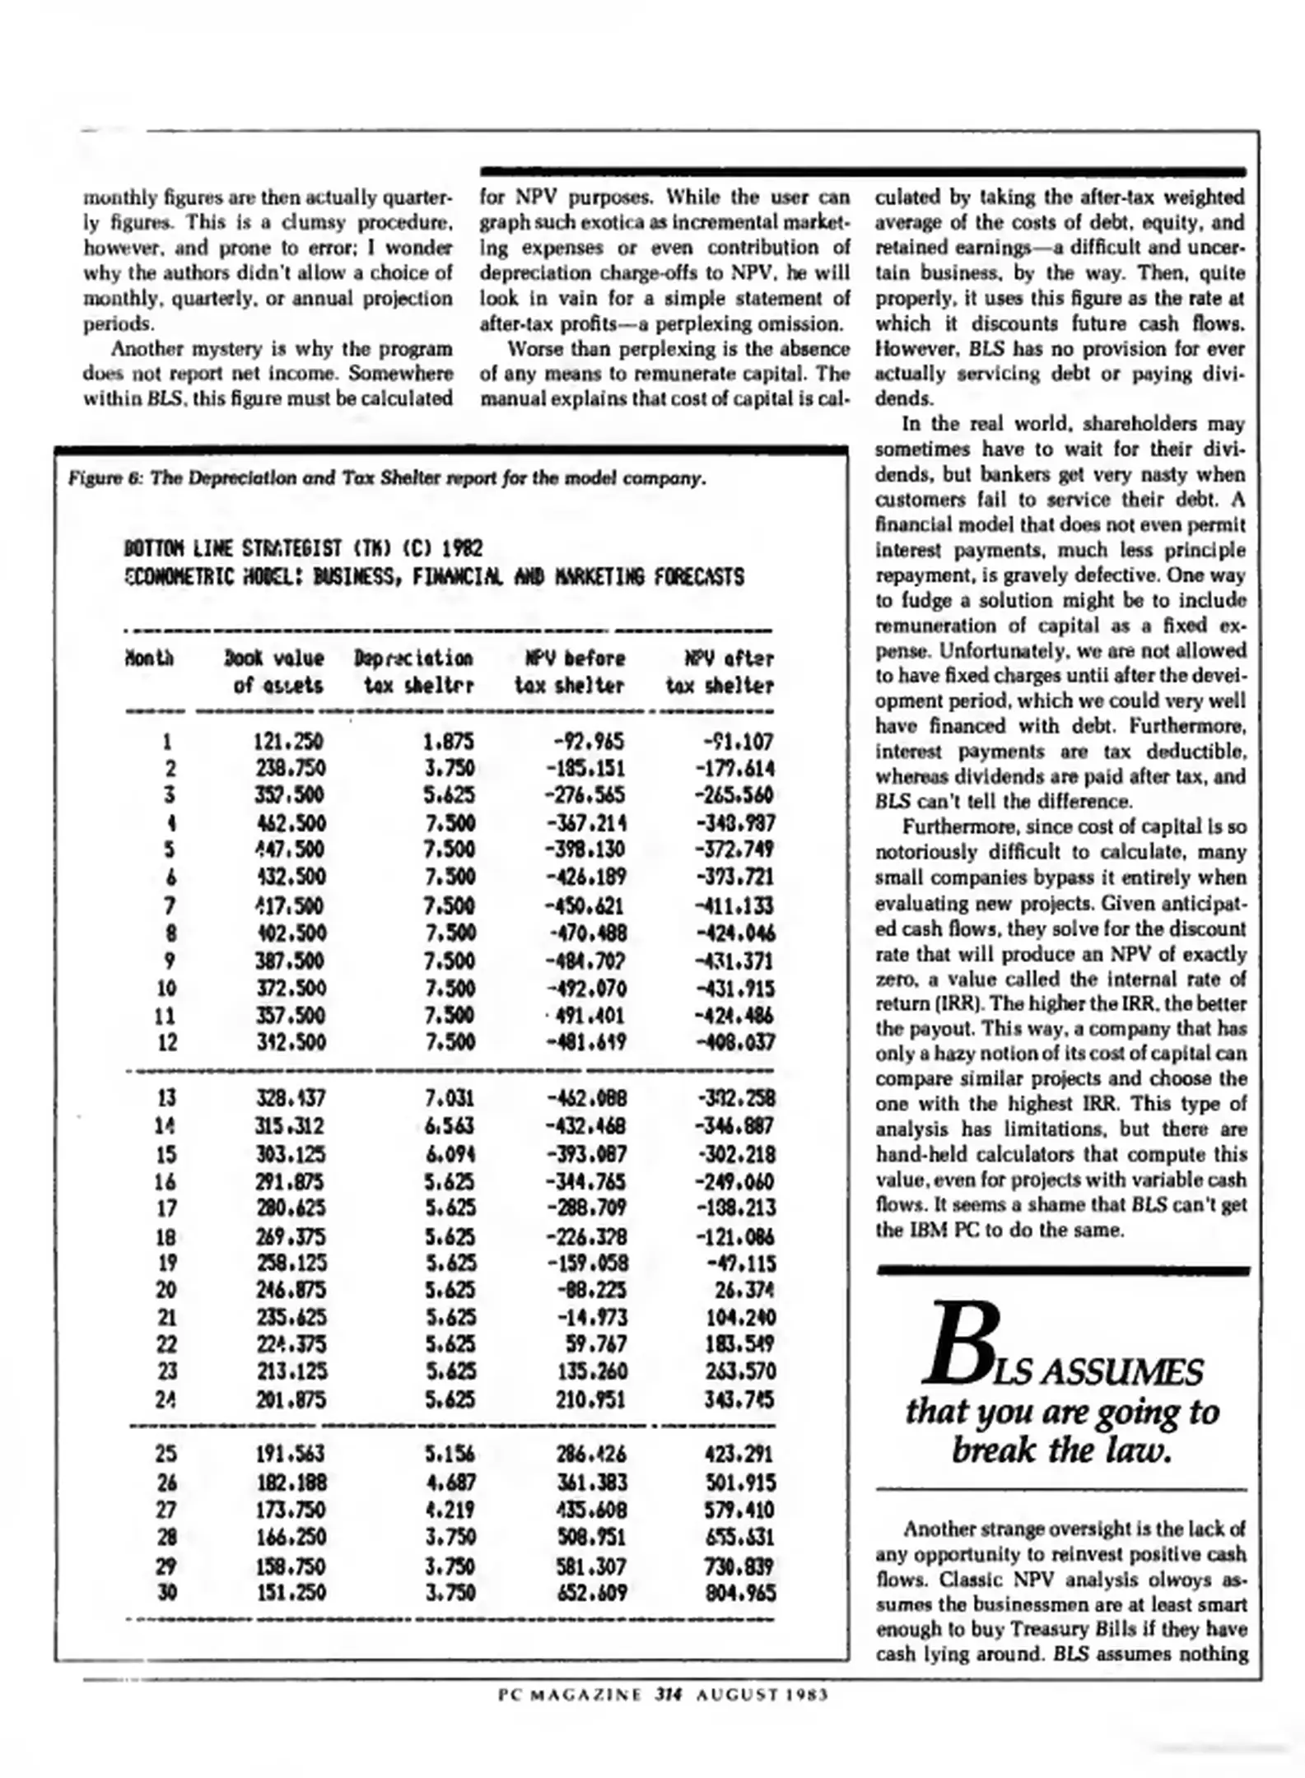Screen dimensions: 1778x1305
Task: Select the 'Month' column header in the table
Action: pos(149,658)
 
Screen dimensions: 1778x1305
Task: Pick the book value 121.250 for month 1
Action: pos(289,742)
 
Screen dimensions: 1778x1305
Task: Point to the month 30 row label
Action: pos(166,1593)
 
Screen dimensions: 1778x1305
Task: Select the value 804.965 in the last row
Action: pos(740,1593)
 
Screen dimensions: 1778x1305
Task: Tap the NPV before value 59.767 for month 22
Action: pos(595,1345)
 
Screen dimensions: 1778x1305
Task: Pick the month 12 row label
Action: pos(166,1043)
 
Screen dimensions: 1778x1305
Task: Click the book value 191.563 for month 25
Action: pos(290,1455)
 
